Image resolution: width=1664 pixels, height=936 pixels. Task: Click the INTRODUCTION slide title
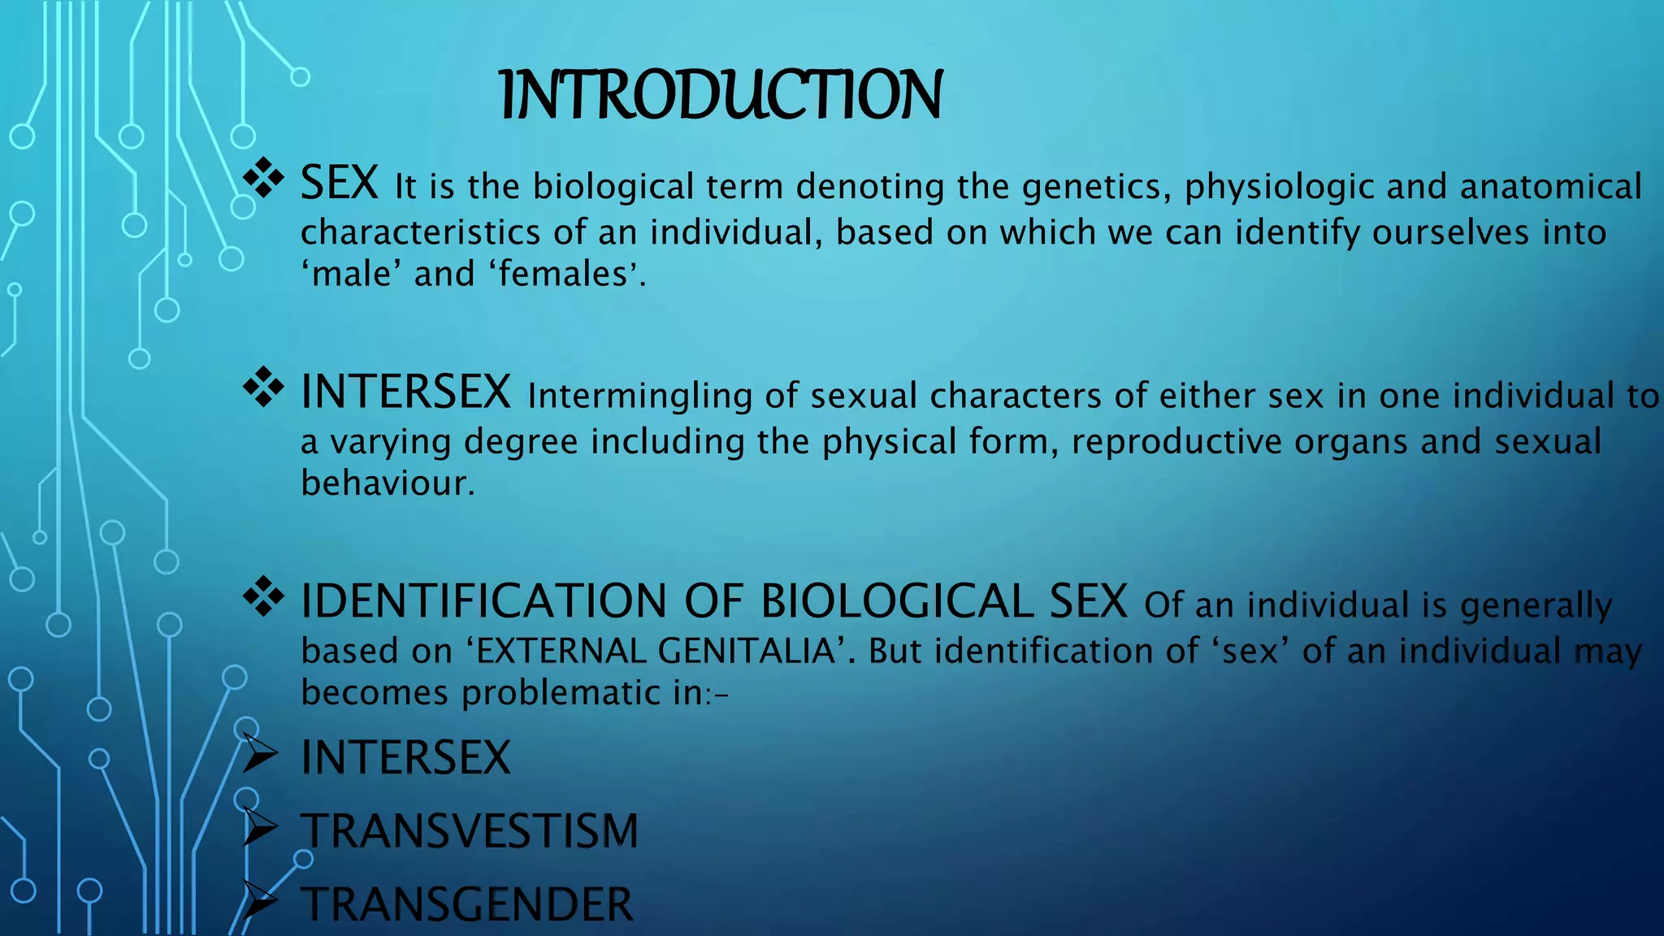pos(721,95)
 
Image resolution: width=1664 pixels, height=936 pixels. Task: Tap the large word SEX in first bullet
pos(340,183)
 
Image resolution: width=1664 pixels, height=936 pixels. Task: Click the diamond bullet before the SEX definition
pos(263,178)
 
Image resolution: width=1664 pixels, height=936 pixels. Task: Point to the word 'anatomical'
pos(1551,187)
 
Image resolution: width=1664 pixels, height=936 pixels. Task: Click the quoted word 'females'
pos(563,274)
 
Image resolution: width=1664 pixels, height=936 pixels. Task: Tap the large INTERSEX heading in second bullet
pos(405,392)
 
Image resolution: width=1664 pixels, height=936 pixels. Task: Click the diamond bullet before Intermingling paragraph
pos(263,387)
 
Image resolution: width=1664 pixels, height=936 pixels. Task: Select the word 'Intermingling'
pos(639,396)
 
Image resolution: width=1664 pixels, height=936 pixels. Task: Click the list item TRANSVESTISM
pos(470,831)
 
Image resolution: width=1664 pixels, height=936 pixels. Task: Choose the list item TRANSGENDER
pos(467,904)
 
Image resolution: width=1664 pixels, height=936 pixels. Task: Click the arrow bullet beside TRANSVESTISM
pos(260,829)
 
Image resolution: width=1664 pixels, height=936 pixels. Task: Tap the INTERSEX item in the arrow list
pos(405,758)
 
